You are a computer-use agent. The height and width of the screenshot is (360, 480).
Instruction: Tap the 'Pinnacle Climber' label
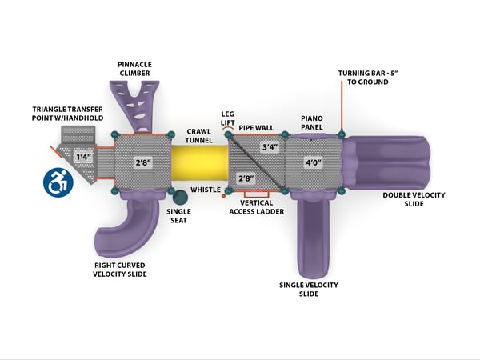tap(134, 69)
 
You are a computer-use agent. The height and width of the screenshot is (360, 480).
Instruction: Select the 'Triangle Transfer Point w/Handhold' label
tap(68, 113)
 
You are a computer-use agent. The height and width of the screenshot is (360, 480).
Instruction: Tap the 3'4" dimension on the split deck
tap(270, 148)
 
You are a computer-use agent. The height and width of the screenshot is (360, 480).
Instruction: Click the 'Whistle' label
tap(206, 190)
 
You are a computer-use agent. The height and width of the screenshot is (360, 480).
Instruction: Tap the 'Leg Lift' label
tap(227, 118)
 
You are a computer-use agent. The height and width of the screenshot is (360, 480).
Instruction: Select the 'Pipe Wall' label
tap(256, 127)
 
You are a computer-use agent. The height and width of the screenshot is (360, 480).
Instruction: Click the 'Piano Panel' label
tap(311, 122)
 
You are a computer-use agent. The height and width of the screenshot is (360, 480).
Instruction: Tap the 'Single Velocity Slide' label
tap(308, 290)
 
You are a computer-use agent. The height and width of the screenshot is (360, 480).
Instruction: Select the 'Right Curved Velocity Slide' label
tap(120, 270)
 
